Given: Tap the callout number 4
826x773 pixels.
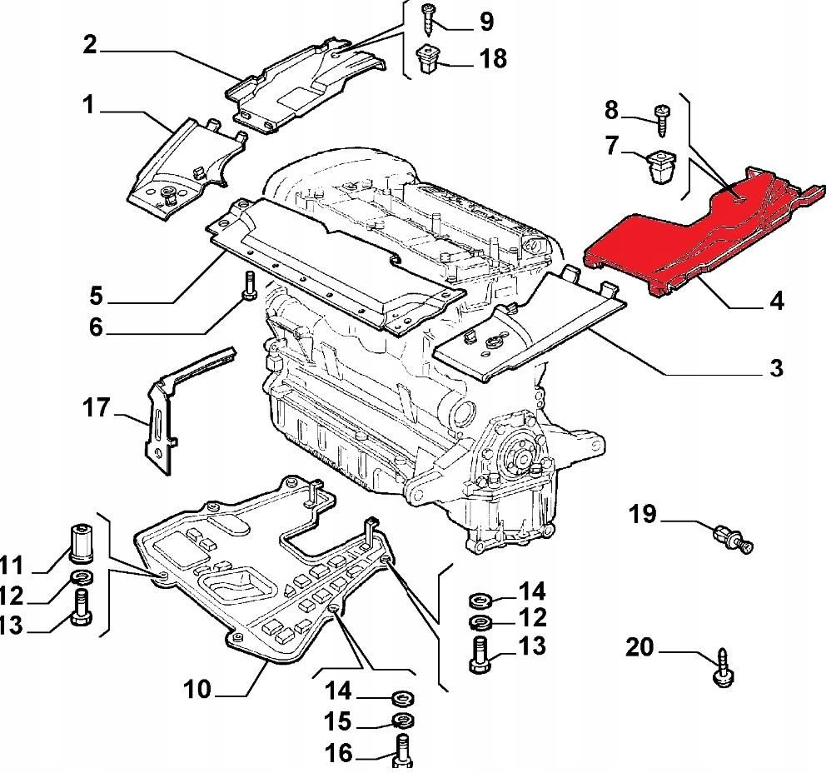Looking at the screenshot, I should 776,300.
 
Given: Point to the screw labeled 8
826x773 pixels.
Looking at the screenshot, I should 664,117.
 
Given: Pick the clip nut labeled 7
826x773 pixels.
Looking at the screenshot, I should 663,163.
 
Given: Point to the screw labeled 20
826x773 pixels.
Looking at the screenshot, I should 721,670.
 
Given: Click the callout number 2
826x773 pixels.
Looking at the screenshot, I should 89,46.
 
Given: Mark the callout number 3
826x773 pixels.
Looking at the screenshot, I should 776,367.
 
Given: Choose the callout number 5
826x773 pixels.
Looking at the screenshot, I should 97,295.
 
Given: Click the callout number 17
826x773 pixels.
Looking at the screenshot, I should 97,408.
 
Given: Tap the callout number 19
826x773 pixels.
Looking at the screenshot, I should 643,515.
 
